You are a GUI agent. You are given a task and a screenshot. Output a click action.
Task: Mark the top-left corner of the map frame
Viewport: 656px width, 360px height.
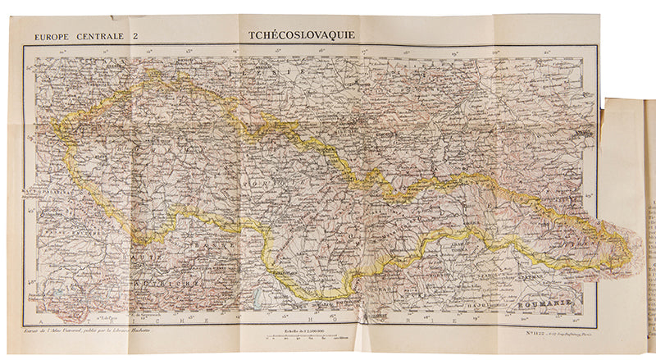coord(24,47)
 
